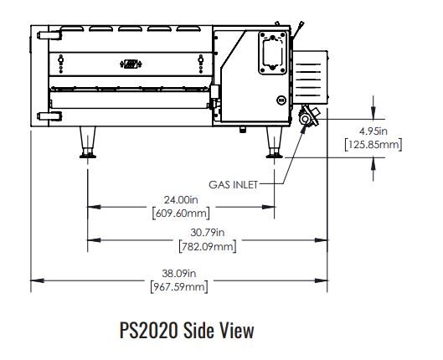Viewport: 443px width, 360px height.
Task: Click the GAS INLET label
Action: pyautogui.click(x=234, y=185)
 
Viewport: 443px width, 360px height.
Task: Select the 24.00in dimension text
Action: pyautogui.click(x=181, y=200)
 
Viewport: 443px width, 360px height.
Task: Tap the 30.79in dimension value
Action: pyautogui.click(x=208, y=233)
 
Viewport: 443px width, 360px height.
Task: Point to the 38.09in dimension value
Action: pyautogui.click(x=179, y=273)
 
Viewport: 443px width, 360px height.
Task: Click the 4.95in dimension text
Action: pyautogui.click(x=373, y=131)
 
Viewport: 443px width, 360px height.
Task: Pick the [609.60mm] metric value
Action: pyautogui.click(x=181, y=213)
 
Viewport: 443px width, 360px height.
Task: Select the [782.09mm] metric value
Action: pyautogui.click(x=208, y=246)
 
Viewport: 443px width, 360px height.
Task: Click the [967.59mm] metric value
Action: pyautogui.click(x=179, y=287)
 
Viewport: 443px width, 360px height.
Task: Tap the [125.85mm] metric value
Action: pyautogui.click(x=373, y=145)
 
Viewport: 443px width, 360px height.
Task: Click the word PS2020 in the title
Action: pyautogui.click(x=149, y=330)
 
